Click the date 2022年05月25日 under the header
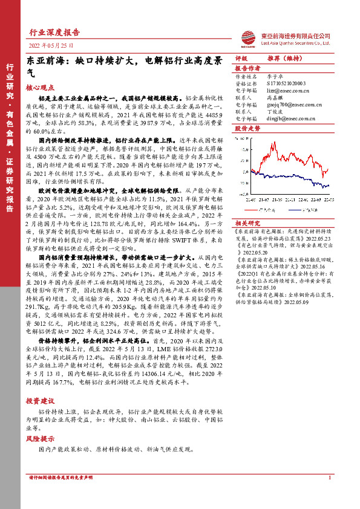pos(51,45)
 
